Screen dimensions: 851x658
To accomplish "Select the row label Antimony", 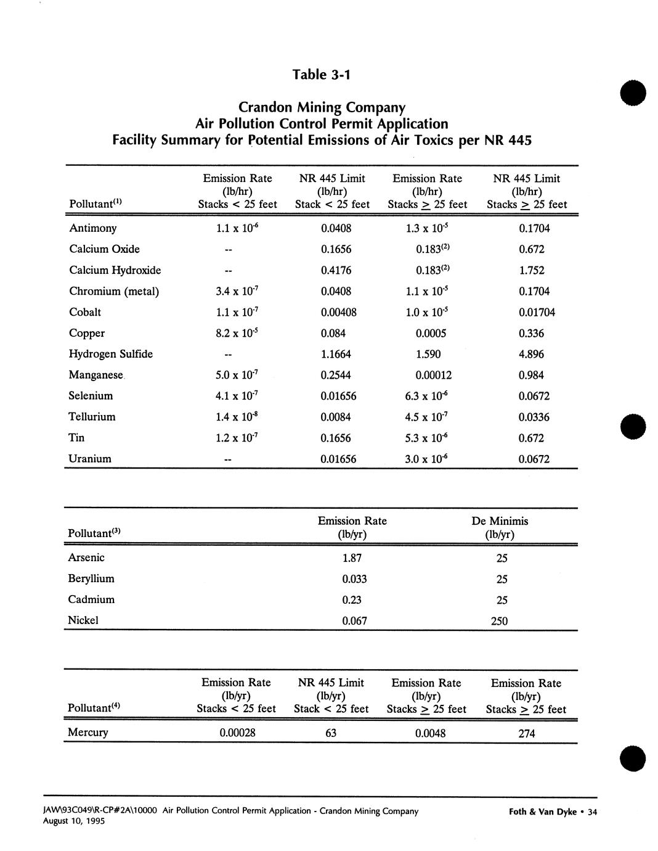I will point(92,228).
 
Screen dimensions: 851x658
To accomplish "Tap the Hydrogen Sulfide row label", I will point(111,354).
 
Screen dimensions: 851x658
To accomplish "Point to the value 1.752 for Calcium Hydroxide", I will point(531,271).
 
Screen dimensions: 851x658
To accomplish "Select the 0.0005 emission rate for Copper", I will point(431,334).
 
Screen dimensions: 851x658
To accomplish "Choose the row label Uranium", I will point(90,459).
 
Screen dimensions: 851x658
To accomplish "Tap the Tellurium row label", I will point(92,417).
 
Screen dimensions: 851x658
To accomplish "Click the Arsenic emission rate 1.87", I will point(352,558).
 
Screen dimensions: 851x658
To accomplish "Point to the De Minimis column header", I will point(500,521).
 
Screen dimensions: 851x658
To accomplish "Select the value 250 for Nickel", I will point(499,621).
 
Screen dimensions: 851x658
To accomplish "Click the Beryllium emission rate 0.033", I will point(354,579).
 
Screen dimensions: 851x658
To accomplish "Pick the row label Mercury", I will point(87,733).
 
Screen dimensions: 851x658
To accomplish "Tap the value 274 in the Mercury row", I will point(527,734).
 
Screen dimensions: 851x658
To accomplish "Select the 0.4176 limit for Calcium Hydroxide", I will point(336,271).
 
